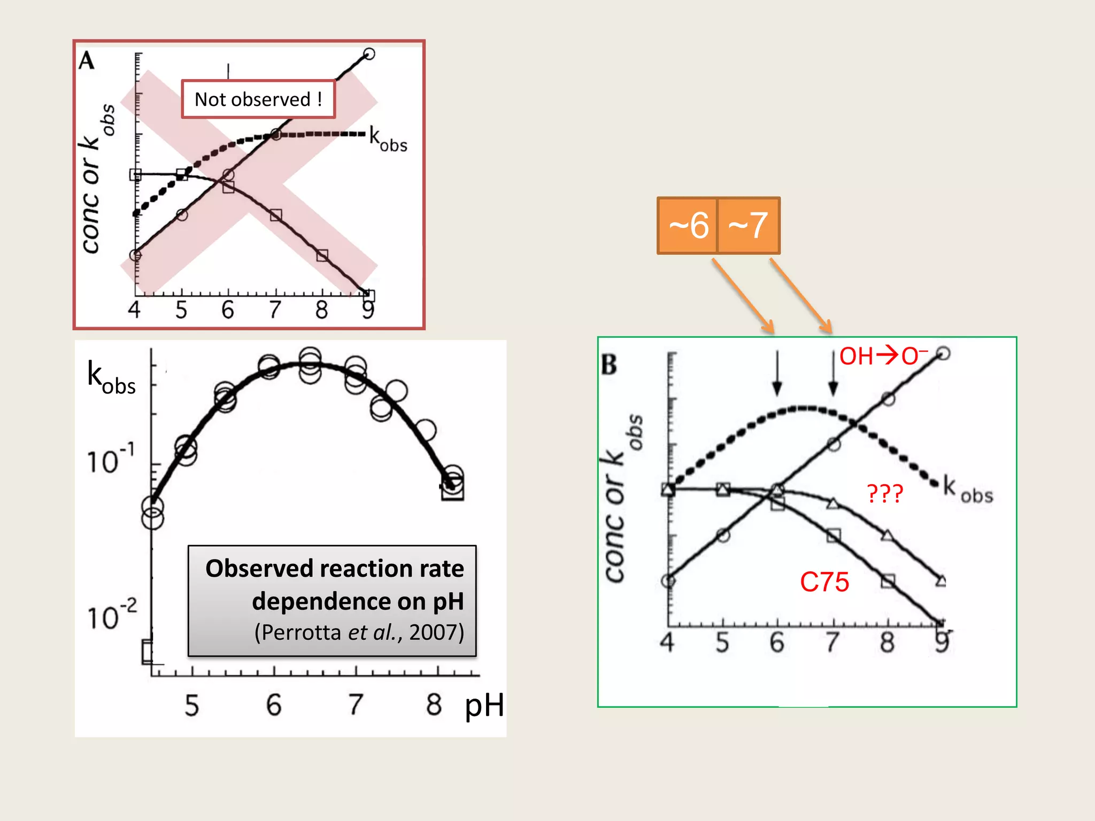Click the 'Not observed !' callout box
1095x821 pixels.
click(258, 99)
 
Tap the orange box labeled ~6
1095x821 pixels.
click(688, 225)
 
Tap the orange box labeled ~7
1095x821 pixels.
click(748, 225)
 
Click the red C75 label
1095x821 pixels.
click(824, 582)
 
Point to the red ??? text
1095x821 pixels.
click(884, 493)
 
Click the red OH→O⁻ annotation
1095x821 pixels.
click(883, 356)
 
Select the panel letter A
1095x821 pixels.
click(87, 61)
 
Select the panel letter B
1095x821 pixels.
click(609, 365)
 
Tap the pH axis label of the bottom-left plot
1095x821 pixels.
click(484, 706)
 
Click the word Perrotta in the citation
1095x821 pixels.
click(301, 632)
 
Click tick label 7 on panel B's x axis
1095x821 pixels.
click(831, 642)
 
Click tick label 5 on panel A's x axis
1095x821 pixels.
click(181, 310)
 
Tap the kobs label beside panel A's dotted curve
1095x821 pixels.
click(388, 140)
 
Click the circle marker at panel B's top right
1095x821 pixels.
click(943, 353)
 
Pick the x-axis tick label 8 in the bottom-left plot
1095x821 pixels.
click(434, 704)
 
